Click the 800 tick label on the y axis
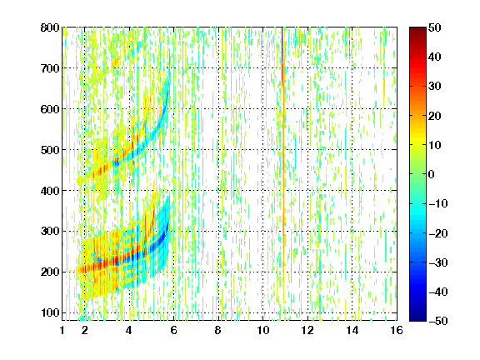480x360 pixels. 50,27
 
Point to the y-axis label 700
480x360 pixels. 50,68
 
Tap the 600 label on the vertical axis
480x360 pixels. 50,109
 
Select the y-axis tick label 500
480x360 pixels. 50,150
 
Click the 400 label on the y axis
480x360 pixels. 50,191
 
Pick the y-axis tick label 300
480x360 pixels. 50,232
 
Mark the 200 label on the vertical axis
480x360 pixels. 50,272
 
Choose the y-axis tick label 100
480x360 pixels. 50,312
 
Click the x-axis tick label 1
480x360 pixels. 62,330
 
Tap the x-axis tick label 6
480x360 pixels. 174,330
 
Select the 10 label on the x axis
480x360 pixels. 263,330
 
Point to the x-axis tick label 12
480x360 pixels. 307,330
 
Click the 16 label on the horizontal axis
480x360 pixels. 397,330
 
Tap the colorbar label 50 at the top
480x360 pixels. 435,27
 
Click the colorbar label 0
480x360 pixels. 432,174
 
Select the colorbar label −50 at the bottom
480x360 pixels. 438,321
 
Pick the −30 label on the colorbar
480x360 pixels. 438,262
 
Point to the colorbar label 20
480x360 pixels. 435,116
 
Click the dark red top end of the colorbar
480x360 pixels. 417,28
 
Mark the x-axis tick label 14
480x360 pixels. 352,330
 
